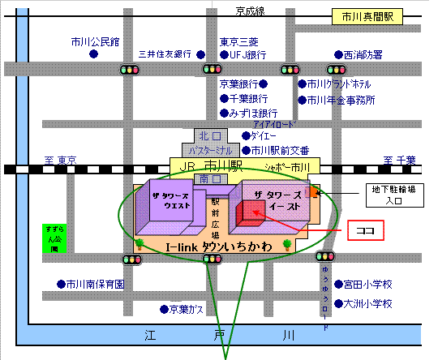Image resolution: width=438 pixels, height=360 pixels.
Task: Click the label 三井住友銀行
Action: [x=165, y=54]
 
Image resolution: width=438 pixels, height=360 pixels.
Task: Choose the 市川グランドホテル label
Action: [x=339, y=84]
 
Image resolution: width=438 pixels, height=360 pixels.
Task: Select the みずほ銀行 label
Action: [x=253, y=114]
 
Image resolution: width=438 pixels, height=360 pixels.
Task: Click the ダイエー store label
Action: [x=266, y=136]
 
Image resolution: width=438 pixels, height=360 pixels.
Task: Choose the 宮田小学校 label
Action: [x=367, y=285]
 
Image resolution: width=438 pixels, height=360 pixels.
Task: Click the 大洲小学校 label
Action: [x=367, y=304]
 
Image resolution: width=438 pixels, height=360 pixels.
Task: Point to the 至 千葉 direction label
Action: [x=400, y=160]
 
